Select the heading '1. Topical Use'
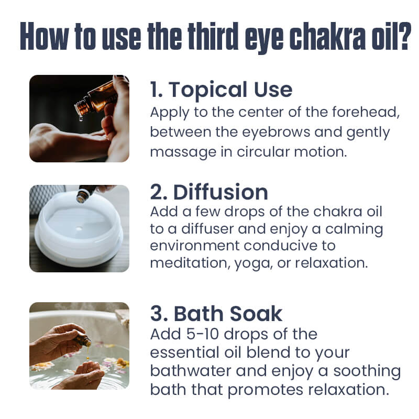221,90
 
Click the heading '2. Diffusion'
209,193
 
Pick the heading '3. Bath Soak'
216,313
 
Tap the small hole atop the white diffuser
79,230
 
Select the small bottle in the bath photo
82,340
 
